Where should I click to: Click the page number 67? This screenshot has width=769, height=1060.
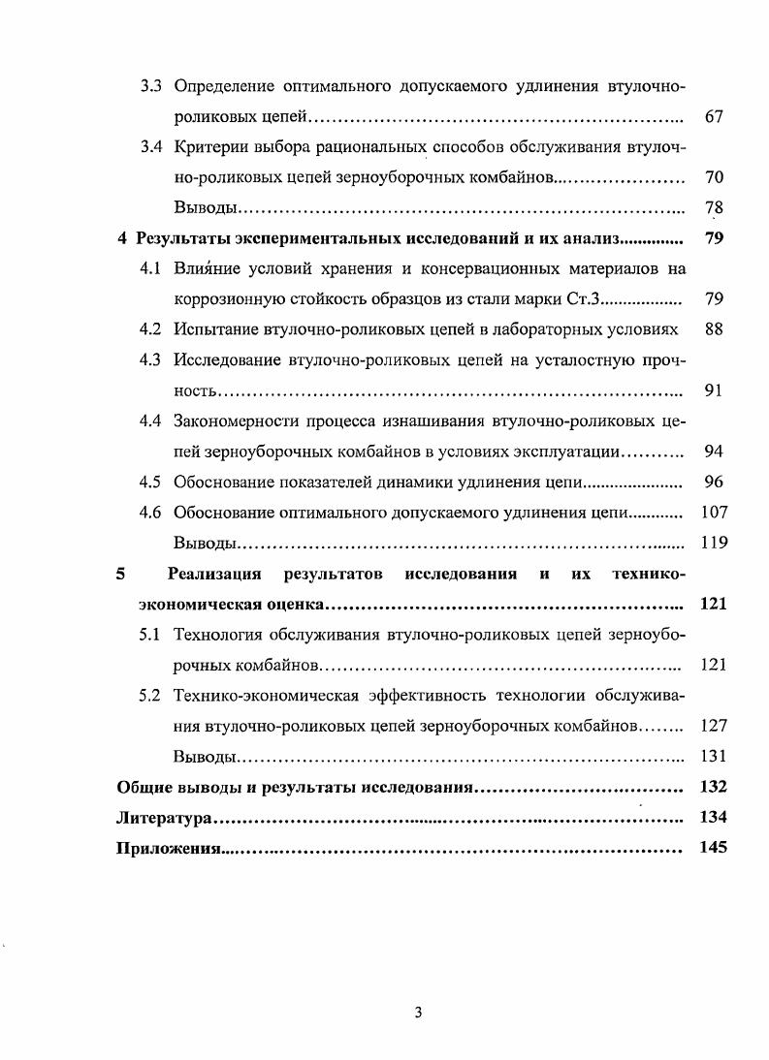714,117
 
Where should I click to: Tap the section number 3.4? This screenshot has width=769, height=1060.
151,147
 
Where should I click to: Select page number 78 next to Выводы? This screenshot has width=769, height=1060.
714,208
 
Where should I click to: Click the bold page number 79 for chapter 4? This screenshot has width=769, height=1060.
714,238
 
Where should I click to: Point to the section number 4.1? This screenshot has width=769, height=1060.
151,268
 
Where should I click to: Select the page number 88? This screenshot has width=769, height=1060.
714,329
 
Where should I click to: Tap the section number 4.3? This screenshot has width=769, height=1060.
151,359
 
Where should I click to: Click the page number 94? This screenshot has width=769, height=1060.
714,452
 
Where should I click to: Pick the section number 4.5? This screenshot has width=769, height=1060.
151,482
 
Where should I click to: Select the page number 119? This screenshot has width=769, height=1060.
713,543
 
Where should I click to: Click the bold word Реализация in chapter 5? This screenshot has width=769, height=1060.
214,574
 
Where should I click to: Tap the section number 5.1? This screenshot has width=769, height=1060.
151,635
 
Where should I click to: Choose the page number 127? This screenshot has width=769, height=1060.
713,726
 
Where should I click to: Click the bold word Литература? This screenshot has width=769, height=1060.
163,818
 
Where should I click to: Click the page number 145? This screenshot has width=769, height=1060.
713,849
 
